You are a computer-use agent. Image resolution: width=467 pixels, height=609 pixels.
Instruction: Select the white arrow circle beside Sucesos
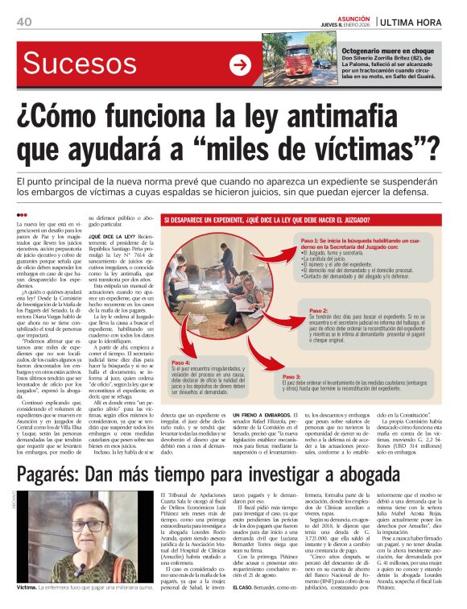(x=240, y=65)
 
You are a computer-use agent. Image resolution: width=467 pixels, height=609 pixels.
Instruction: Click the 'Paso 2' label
(x=319, y=310)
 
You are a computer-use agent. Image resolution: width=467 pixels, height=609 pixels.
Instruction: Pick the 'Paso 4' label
(x=182, y=363)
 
